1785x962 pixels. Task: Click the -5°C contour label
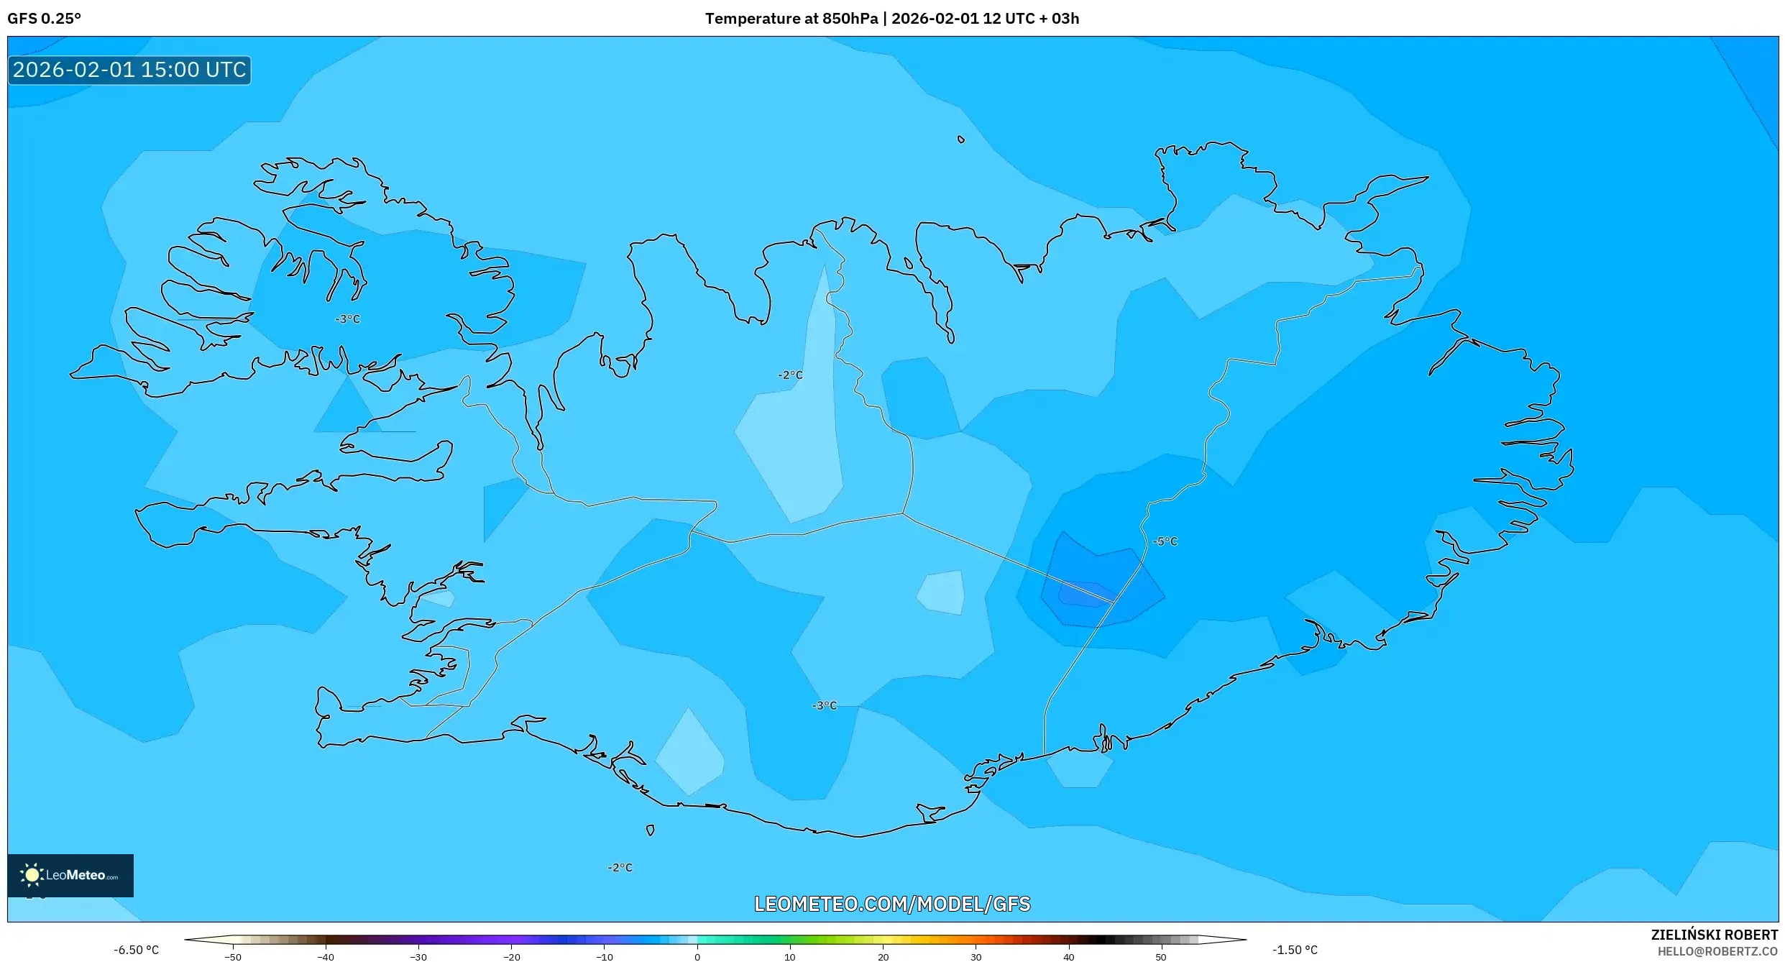pyautogui.click(x=1165, y=541)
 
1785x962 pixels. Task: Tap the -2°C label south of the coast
pyautogui.click(x=620, y=868)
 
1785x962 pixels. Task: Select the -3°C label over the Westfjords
pyautogui.click(x=347, y=319)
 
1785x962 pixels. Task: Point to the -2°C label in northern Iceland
pyautogui.click(x=790, y=375)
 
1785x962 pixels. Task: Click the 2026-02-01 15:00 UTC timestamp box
pyautogui.click(x=129, y=70)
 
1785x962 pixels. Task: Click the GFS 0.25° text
pyautogui.click(x=44, y=19)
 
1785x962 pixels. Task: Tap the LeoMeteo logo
pyautogui.click(x=70, y=875)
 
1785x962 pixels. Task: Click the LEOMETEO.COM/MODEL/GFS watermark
pyautogui.click(x=891, y=904)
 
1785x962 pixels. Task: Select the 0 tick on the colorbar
pyautogui.click(x=697, y=957)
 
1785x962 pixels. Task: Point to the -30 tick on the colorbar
pyautogui.click(x=418, y=957)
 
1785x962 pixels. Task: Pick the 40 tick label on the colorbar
pyautogui.click(x=1068, y=957)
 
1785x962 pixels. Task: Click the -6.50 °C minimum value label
pyautogui.click(x=136, y=950)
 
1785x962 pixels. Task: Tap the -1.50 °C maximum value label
pyautogui.click(x=1295, y=950)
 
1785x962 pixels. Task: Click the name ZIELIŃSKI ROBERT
pyautogui.click(x=1714, y=935)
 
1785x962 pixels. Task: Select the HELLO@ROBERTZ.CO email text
pyautogui.click(x=1717, y=951)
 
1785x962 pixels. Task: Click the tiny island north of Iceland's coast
pyautogui.click(x=960, y=139)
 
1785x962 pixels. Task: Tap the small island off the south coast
pyautogui.click(x=650, y=830)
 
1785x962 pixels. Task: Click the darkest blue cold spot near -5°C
pyautogui.click(x=1084, y=594)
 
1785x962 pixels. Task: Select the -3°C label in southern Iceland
pyautogui.click(x=825, y=706)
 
